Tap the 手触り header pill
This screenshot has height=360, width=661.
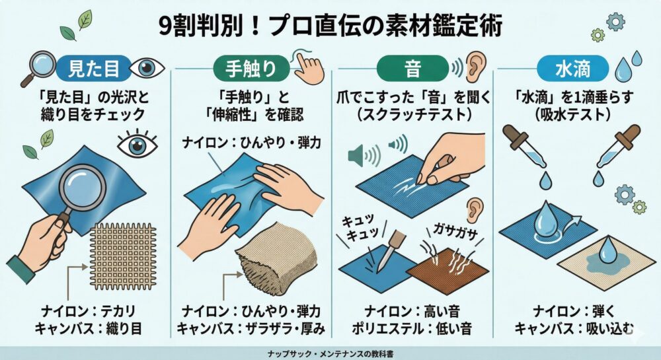251,68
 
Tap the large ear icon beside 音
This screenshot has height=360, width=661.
475,67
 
